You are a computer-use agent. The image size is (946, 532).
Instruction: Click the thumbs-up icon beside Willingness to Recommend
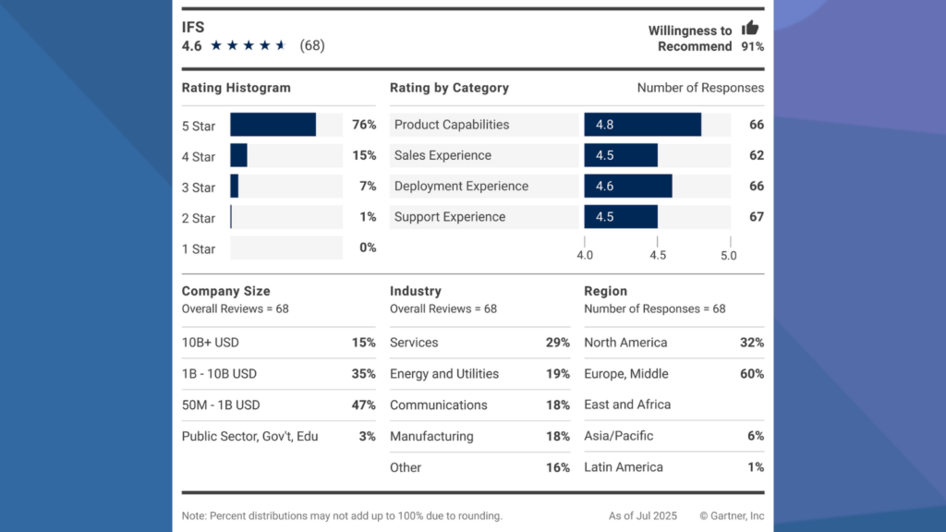(x=750, y=28)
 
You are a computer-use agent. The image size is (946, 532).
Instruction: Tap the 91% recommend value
(x=752, y=46)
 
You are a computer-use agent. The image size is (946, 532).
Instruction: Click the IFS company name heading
(x=192, y=27)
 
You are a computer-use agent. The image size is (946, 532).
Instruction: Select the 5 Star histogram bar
(x=273, y=125)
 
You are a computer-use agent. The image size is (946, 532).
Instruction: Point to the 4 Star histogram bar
(x=238, y=155)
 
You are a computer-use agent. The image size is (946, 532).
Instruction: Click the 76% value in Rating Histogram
(x=364, y=125)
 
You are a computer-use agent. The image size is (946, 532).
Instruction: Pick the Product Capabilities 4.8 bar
(x=642, y=125)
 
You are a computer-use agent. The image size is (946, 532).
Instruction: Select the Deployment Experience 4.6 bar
(x=628, y=186)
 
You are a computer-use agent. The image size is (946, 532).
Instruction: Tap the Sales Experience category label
(x=443, y=155)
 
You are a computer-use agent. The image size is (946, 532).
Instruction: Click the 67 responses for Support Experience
(x=756, y=217)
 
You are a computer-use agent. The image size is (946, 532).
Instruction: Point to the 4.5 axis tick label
(x=657, y=255)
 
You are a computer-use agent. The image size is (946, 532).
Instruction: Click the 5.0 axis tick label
(x=728, y=255)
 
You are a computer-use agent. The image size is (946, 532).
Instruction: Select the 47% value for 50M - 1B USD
(x=364, y=405)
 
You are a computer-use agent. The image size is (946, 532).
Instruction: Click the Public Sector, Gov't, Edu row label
(x=249, y=436)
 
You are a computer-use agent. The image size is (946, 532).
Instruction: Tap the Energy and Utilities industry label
(x=444, y=374)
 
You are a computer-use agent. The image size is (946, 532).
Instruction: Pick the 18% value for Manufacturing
(x=557, y=436)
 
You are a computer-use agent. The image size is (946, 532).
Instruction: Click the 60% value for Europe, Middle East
(x=752, y=374)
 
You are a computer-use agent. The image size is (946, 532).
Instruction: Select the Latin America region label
(x=624, y=467)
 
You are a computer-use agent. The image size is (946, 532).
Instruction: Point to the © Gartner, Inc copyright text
(x=732, y=516)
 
